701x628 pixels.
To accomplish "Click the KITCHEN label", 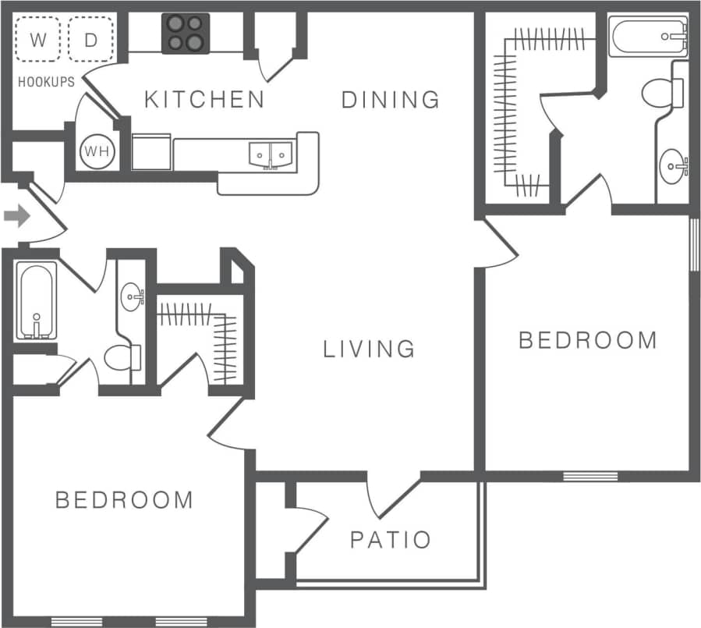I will point(205,99).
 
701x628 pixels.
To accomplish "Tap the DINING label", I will point(391,99).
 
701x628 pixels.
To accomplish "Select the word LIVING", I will point(369,348).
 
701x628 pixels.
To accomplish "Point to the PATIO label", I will point(390,539).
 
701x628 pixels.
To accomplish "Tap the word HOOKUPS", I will point(46,81).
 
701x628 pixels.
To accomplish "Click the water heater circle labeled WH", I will point(97,151).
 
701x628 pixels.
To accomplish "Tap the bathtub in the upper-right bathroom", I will point(647,37).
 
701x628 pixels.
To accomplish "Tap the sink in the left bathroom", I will point(133,296).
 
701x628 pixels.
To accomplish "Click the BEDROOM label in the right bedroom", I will point(588,340).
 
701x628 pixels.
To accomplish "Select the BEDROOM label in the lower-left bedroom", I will point(124,499).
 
